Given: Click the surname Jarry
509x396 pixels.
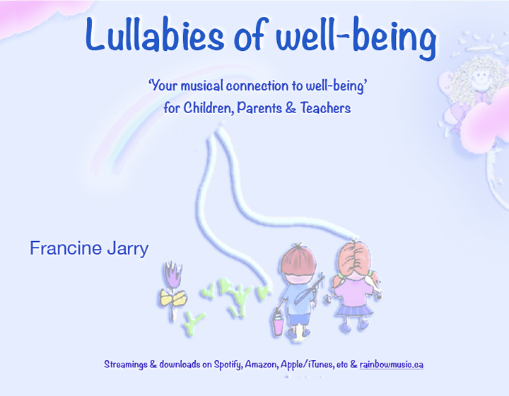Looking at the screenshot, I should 127,250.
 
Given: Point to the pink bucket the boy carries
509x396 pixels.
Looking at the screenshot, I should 278,323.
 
